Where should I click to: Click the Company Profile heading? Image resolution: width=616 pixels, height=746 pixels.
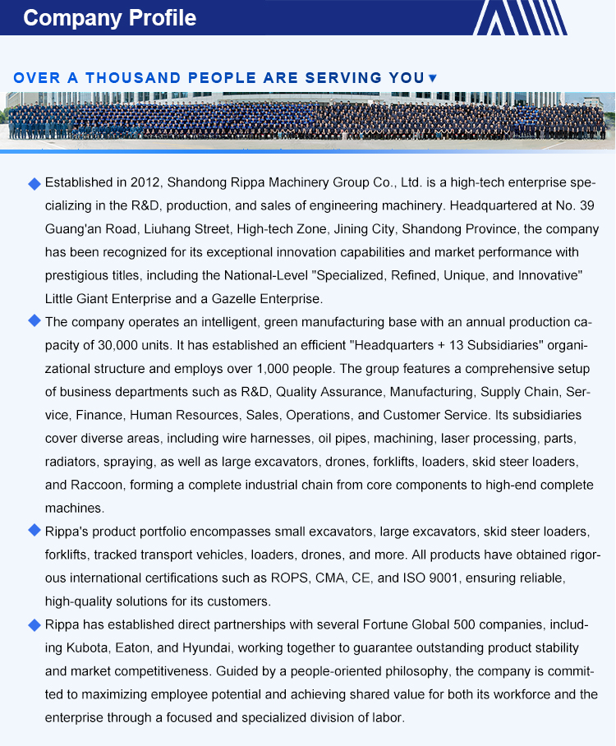point(109,18)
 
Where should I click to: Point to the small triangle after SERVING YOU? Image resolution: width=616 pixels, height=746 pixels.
point(433,78)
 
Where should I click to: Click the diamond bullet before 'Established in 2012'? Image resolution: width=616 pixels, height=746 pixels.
point(34,182)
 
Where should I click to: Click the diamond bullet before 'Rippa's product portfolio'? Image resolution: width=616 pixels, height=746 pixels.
point(34,531)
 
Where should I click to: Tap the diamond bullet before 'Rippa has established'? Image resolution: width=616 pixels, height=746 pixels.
point(34,624)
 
